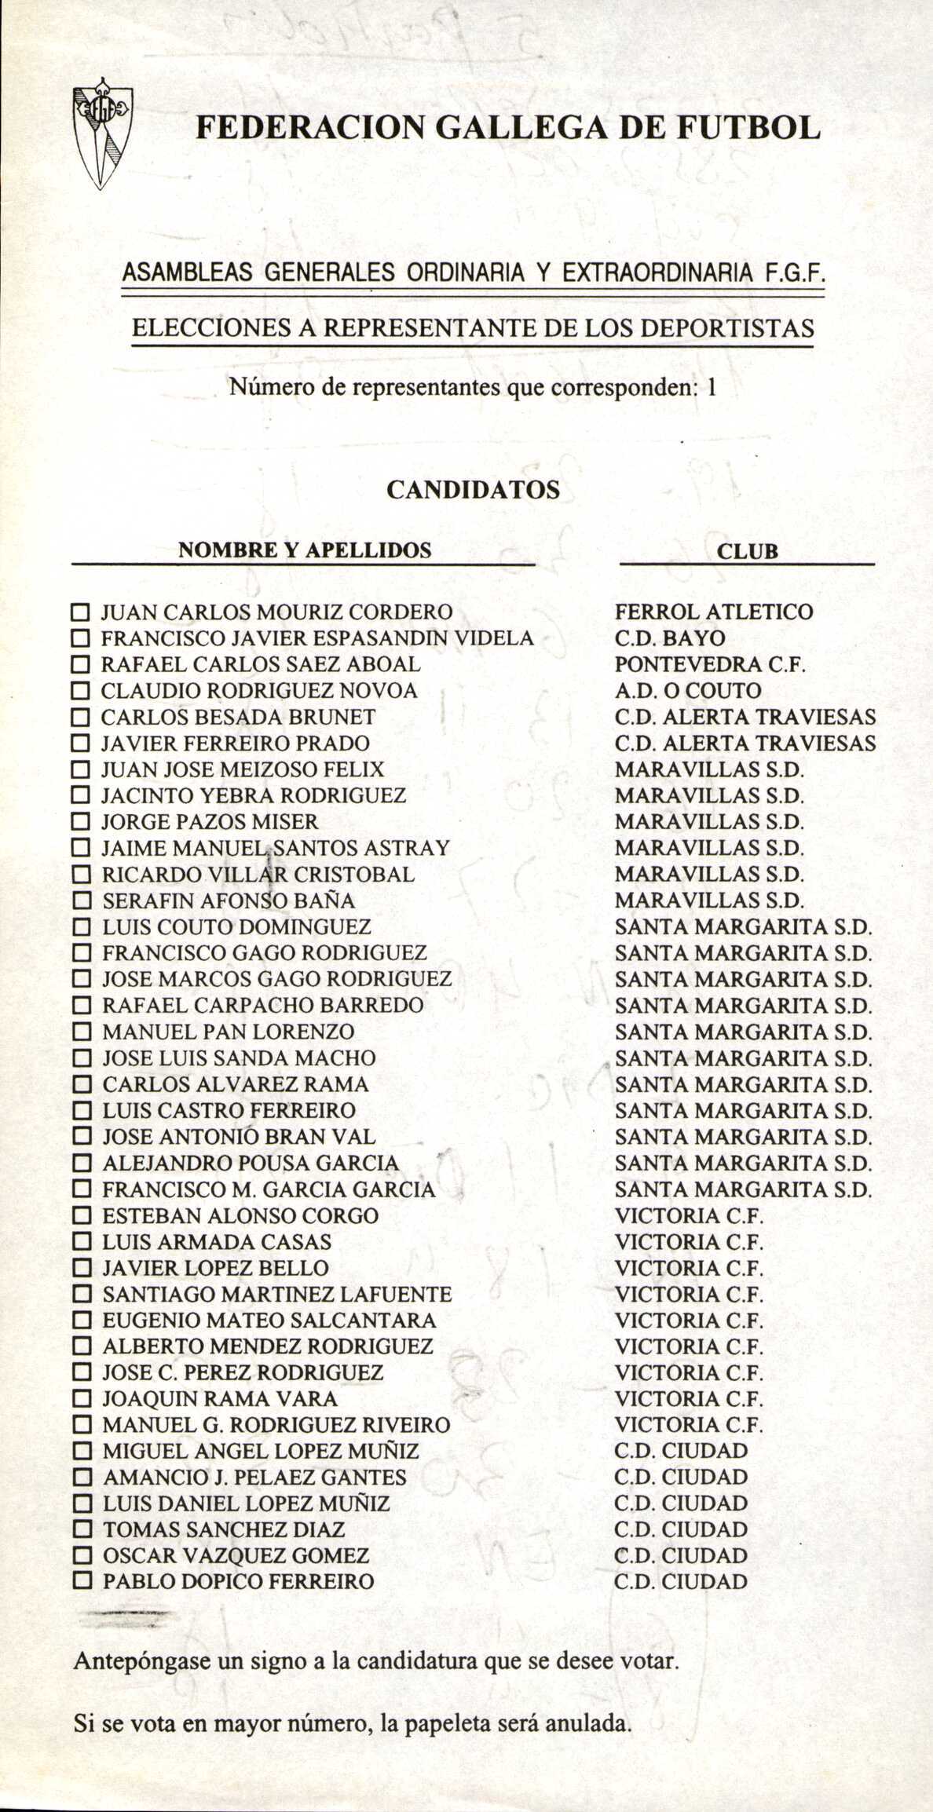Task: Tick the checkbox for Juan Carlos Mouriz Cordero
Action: coord(81,612)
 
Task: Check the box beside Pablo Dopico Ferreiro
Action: coord(81,1581)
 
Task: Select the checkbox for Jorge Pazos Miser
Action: coord(81,822)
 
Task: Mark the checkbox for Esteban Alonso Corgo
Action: coord(81,1216)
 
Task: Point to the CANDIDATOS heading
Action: coord(473,490)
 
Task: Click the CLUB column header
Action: coord(748,550)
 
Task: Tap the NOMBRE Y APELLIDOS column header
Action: coord(305,550)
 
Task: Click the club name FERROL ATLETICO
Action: coord(714,612)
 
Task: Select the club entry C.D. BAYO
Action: coord(670,638)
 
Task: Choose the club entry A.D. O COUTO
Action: coord(688,691)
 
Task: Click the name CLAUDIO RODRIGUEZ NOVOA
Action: coord(260,691)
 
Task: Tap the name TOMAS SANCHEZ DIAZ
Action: coord(224,1529)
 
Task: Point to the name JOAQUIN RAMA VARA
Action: coord(220,1398)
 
